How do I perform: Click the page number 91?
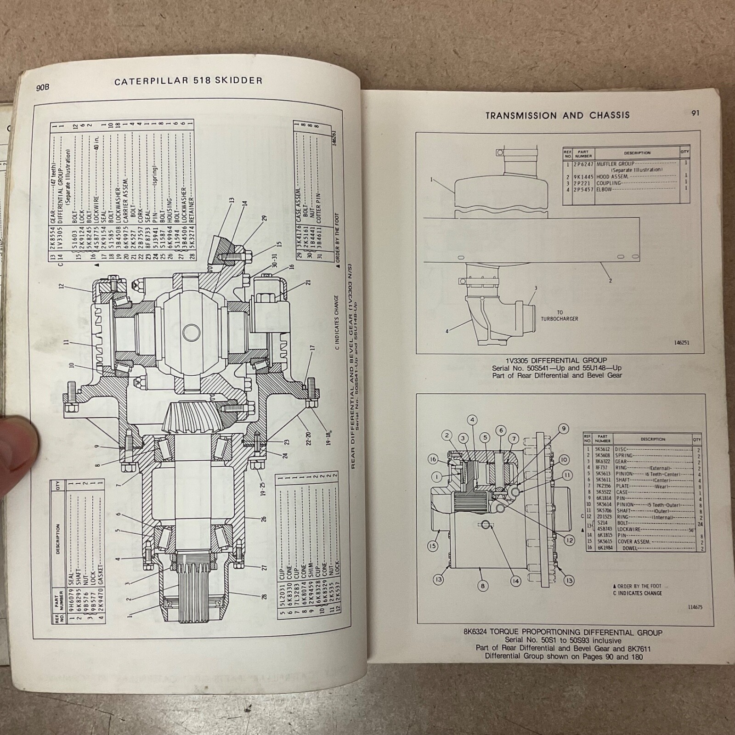695,113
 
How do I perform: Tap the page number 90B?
43,87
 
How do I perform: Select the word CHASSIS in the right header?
610,115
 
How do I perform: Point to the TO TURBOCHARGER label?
559,316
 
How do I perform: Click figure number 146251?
682,343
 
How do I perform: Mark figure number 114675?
695,607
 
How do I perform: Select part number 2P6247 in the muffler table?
583,164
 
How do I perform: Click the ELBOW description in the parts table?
604,189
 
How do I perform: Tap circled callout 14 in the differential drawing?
516,581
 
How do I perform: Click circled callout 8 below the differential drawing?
482,586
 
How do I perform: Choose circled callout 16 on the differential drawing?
433,459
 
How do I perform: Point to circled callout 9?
564,429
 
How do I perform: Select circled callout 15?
432,546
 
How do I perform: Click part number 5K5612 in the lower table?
602,449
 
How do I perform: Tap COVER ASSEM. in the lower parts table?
634,542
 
